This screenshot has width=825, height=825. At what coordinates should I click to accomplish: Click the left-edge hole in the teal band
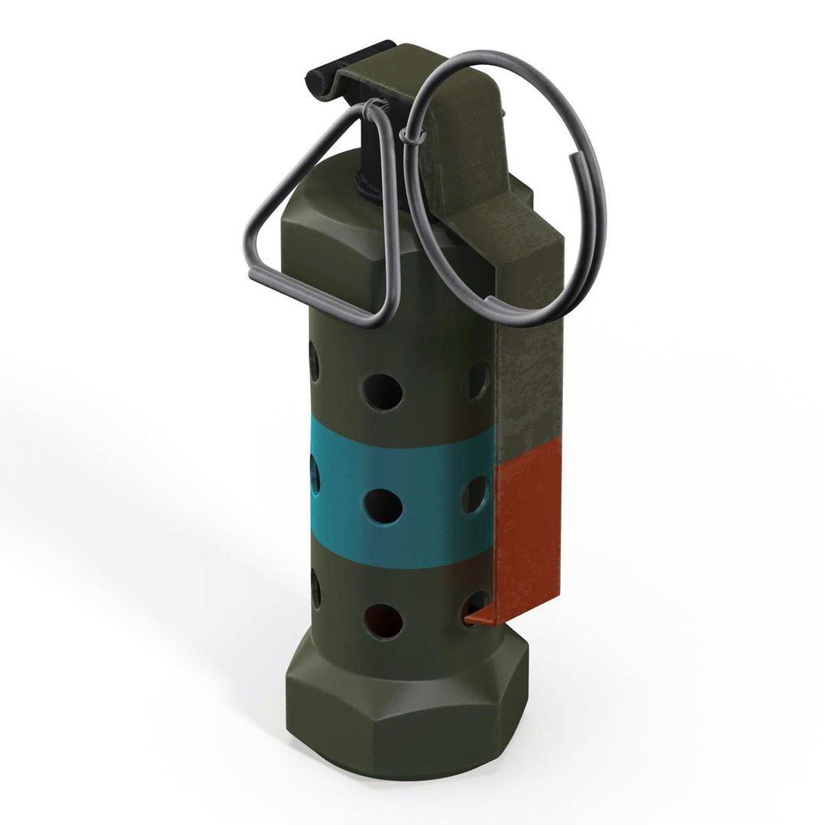[314, 477]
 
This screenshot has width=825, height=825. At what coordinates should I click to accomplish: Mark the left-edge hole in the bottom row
[315, 592]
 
